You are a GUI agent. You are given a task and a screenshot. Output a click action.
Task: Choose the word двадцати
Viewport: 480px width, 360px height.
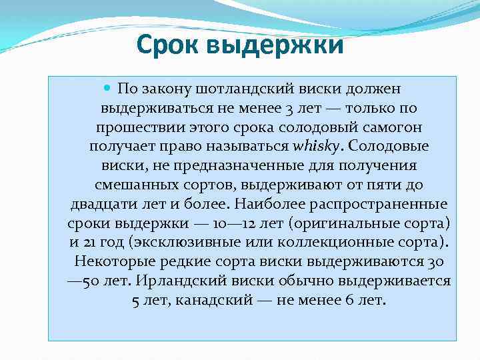106,203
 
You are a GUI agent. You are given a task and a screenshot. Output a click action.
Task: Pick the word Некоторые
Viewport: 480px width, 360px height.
110,261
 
